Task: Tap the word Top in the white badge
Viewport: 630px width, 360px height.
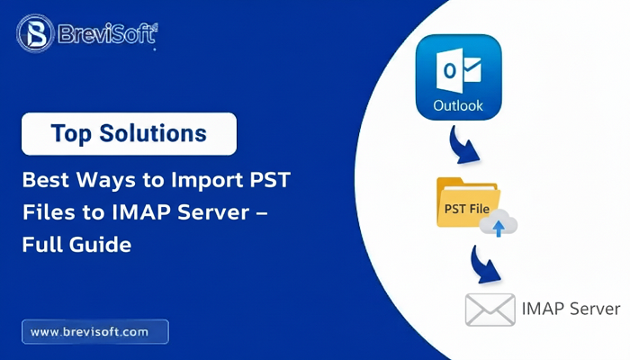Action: pyautogui.click(x=71, y=133)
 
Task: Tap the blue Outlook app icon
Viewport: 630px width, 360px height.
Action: pyautogui.click(x=458, y=77)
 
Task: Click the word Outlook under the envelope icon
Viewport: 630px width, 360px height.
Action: pyautogui.click(x=458, y=105)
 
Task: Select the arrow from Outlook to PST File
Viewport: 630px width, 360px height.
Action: pyautogui.click(x=464, y=146)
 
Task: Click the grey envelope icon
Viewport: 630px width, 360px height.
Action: pyautogui.click(x=490, y=309)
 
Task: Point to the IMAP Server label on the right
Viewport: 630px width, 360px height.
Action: pyautogui.click(x=571, y=309)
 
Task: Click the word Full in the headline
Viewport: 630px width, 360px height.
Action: pyautogui.click(x=44, y=244)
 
